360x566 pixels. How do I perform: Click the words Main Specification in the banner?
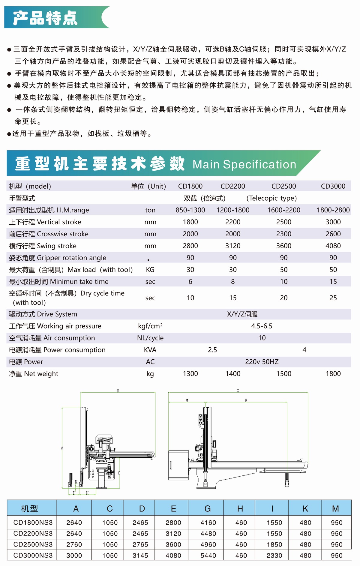(x=244, y=164)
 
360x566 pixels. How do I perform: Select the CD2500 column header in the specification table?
(x=283, y=186)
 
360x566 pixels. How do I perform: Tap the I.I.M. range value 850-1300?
(x=190, y=210)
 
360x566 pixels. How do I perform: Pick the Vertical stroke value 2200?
(x=233, y=222)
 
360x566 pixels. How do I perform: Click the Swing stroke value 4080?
(x=333, y=246)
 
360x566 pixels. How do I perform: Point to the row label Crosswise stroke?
(x=49, y=234)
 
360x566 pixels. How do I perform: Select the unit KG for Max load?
(x=150, y=270)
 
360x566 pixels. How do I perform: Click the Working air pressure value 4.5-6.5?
(x=262, y=326)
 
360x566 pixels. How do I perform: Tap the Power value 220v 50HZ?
(x=262, y=362)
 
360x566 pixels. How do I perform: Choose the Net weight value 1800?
(x=333, y=374)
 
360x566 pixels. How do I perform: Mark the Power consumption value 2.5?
(x=212, y=350)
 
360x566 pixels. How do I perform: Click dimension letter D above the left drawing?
(x=118, y=391)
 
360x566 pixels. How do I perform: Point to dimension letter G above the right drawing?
(x=238, y=391)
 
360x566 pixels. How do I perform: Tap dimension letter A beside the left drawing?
(x=62, y=448)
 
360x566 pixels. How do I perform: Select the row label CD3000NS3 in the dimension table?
(x=33, y=556)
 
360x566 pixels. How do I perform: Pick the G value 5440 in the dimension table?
(x=208, y=556)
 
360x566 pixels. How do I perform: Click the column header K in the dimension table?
(x=305, y=509)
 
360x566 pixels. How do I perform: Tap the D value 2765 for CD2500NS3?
(x=140, y=544)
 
